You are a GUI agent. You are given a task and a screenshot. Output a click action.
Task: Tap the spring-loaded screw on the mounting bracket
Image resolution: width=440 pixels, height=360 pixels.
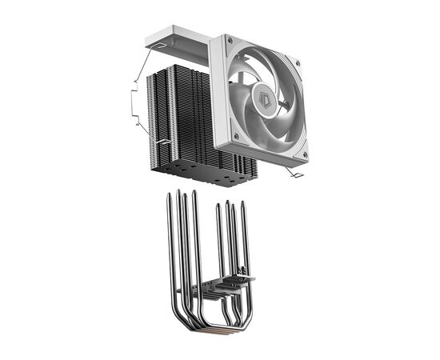(x=238, y=277)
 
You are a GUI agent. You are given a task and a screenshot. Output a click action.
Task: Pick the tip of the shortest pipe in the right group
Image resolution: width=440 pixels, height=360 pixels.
(x=218, y=207)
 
